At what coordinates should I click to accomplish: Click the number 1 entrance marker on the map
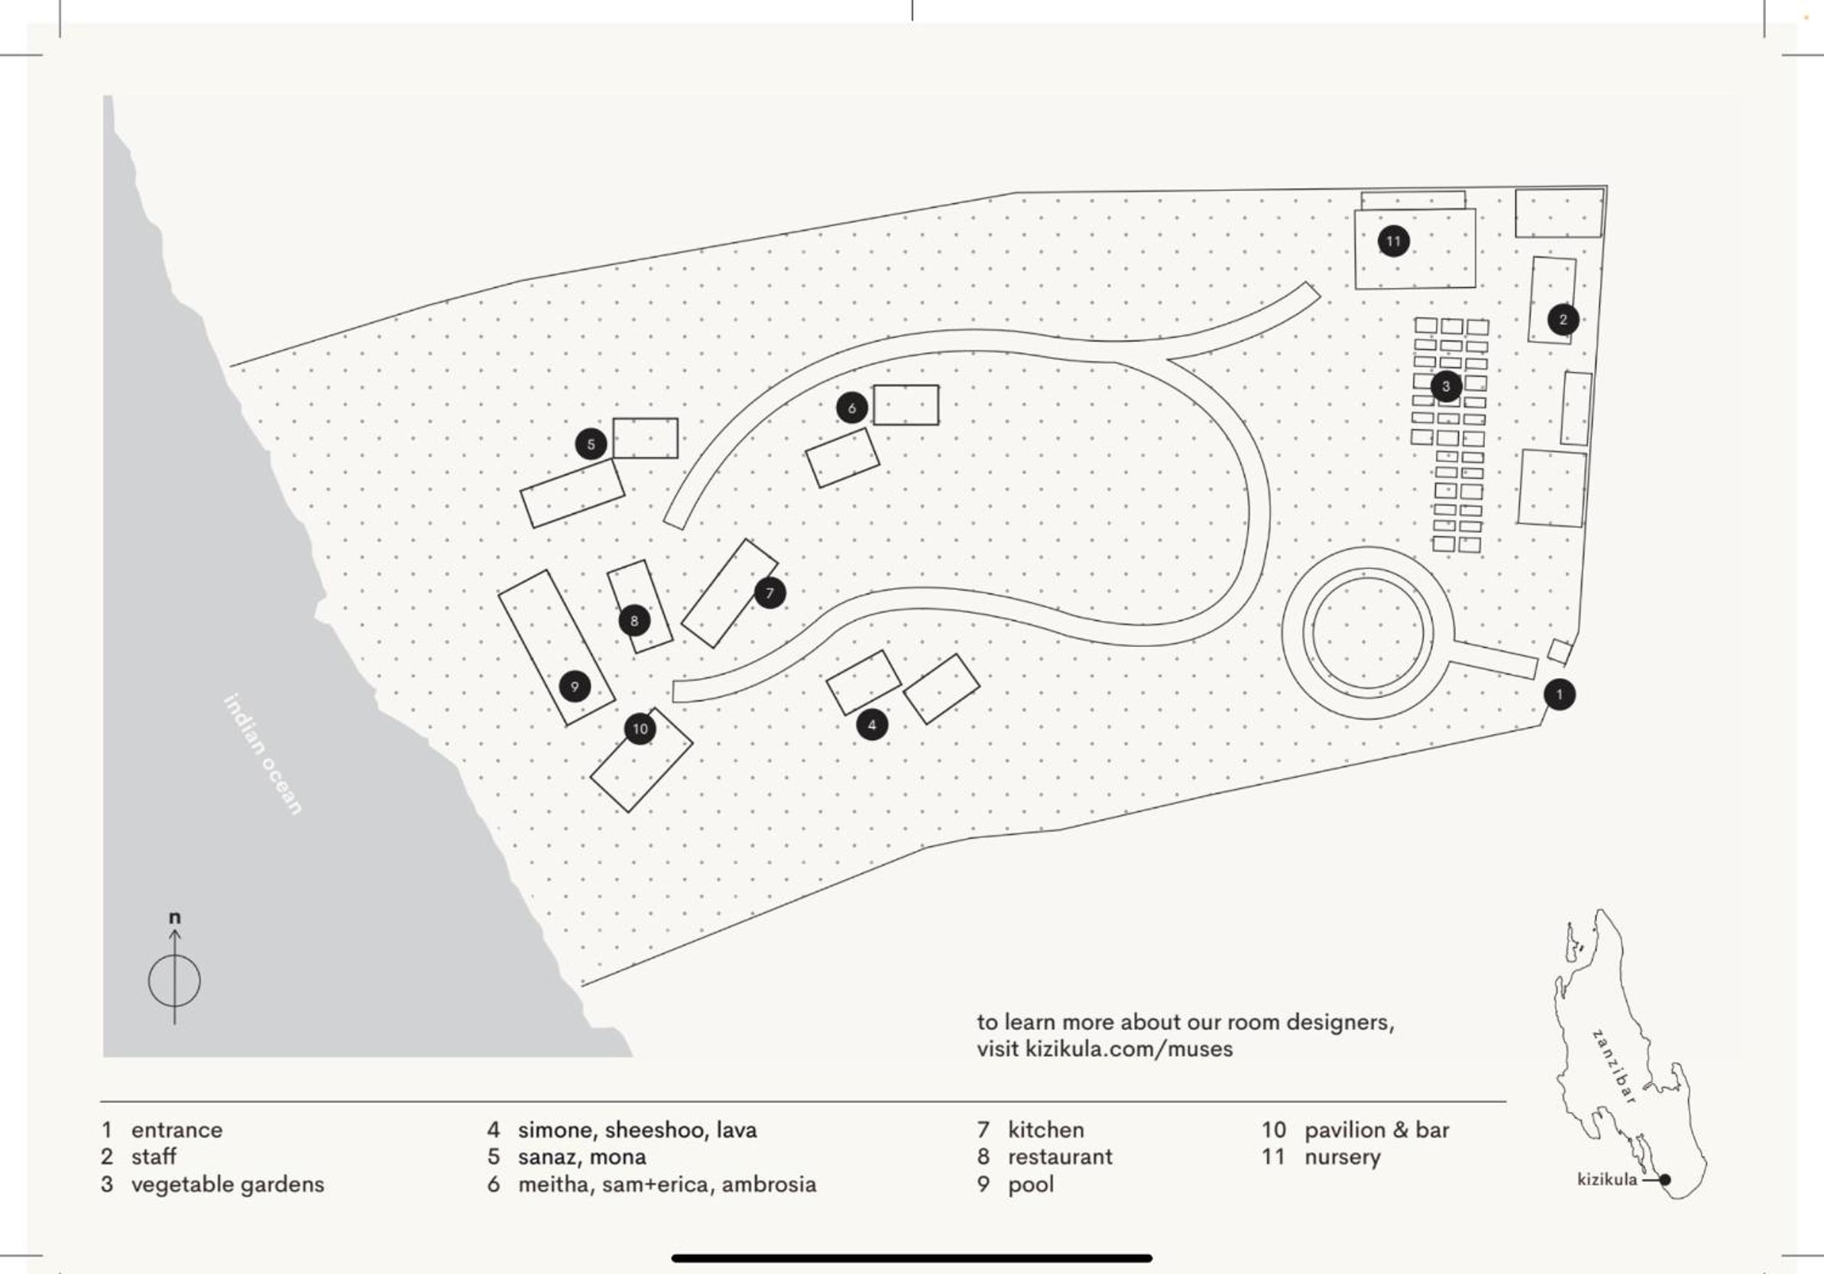point(1559,695)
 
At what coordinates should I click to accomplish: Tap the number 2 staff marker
point(1563,320)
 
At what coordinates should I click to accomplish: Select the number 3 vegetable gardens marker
point(1446,386)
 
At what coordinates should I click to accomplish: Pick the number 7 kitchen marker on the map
point(769,593)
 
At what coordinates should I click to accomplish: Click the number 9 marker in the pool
point(575,686)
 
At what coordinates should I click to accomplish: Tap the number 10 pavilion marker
point(640,729)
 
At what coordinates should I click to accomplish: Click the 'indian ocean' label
point(263,755)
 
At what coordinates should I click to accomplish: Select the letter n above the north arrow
point(175,918)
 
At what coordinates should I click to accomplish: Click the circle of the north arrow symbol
point(175,981)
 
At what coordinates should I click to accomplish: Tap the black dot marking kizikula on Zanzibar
point(1665,1180)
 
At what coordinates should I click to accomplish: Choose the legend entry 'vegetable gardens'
point(227,1184)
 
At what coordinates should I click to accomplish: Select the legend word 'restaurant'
point(1060,1157)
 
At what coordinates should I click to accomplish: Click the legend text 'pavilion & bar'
point(1376,1130)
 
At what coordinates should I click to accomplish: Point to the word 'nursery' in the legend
point(1342,1157)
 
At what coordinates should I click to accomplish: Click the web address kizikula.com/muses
point(1129,1049)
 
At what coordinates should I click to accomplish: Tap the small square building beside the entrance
point(1560,652)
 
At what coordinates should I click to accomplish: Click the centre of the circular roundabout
point(1367,633)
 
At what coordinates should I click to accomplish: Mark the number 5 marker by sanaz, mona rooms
point(590,444)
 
